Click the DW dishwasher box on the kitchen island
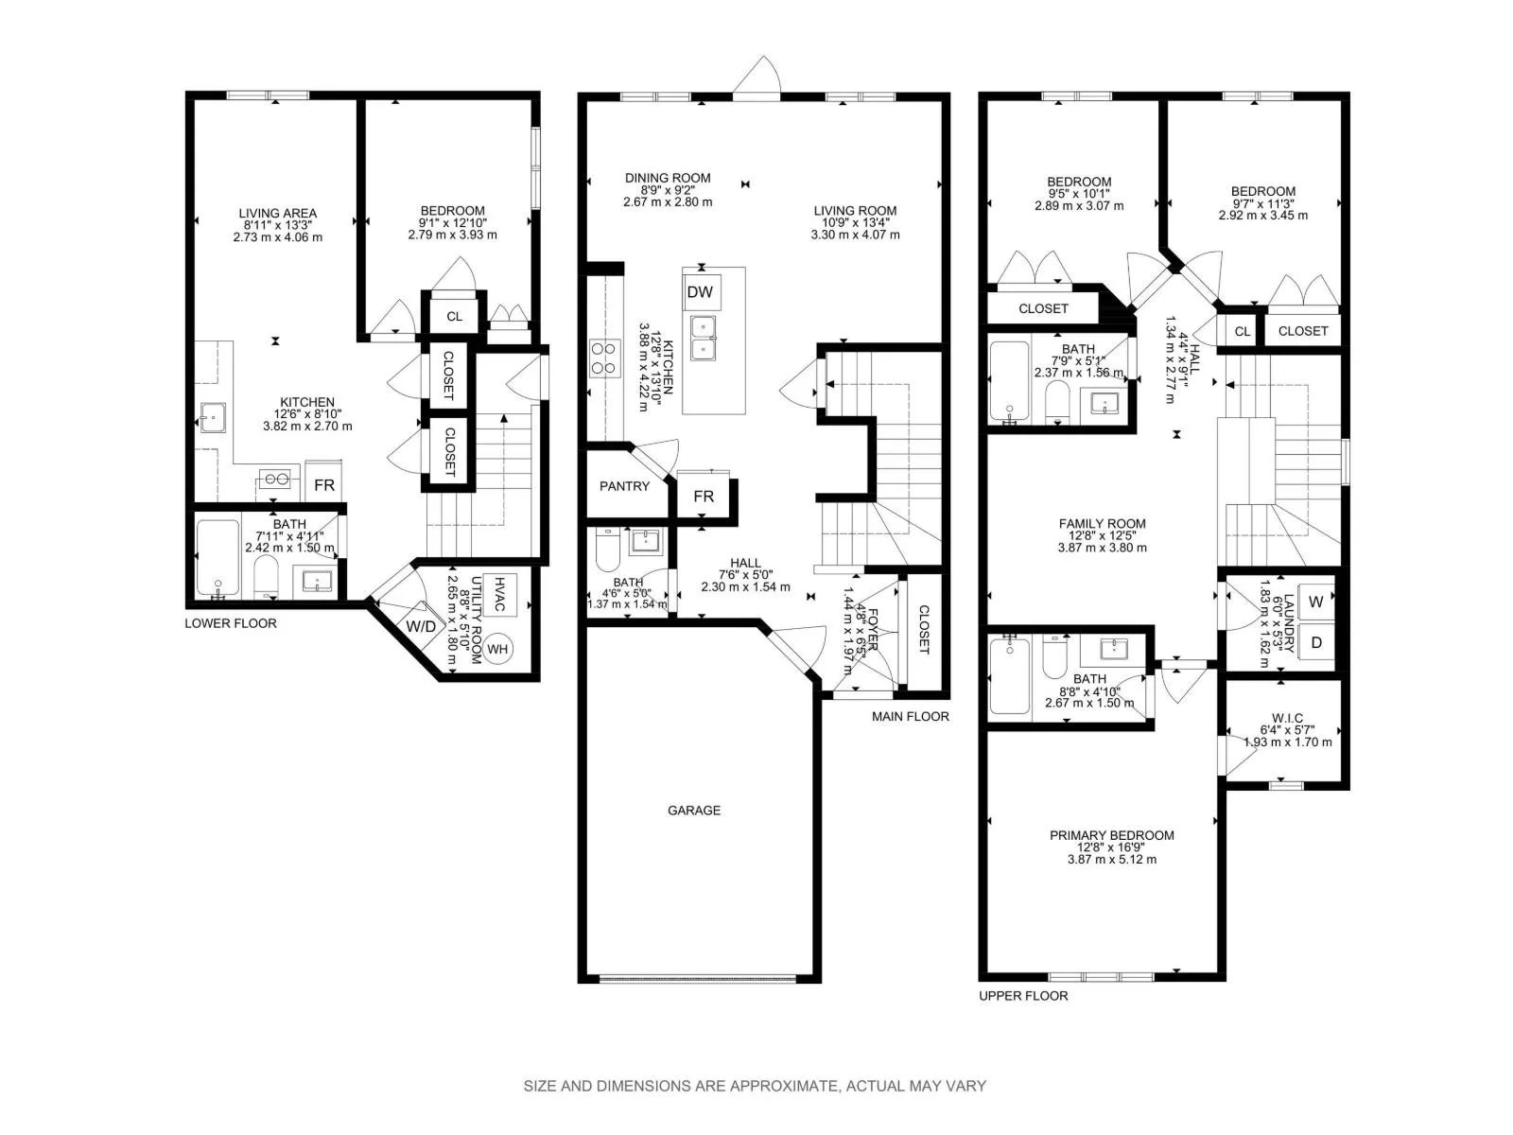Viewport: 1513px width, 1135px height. point(700,291)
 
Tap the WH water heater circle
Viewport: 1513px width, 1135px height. point(497,649)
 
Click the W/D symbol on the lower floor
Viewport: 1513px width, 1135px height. point(421,626)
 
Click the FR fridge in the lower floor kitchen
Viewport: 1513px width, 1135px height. point(324,484)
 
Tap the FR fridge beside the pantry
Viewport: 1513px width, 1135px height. point(704,496)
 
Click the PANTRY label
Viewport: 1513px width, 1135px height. point(624,486)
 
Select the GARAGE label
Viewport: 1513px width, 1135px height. point(694,811)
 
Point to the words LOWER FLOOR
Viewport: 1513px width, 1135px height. point(230,623)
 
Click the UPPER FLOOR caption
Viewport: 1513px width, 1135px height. point(1023,996)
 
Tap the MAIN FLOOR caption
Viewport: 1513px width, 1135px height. point(910,717)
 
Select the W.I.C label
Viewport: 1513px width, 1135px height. point(1287,718)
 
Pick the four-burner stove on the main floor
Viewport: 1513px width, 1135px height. point(603,358)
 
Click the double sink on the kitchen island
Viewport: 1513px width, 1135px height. point(704,338)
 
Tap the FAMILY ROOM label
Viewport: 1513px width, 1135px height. point(1103,524)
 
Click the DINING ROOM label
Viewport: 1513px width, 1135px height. point(668,178)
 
